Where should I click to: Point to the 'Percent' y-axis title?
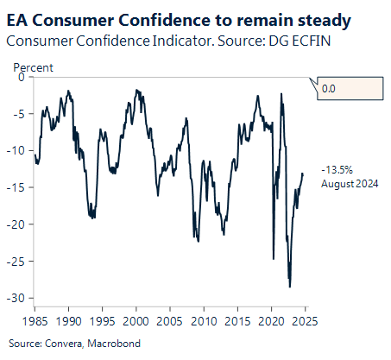tap(34, 67)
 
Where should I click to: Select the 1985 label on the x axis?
tap(35, 320)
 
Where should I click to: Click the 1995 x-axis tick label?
tap(103, 320)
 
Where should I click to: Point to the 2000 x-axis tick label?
tap(136, 320)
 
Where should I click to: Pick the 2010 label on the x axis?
tap(204, 320)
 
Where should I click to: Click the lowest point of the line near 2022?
tap(290, 287)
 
